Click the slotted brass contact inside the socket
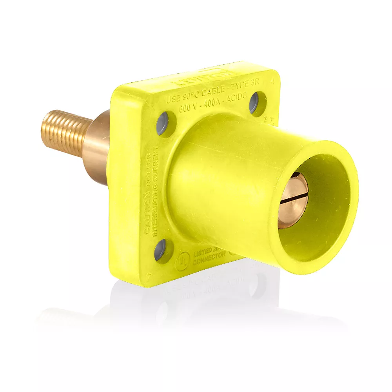(293, 200)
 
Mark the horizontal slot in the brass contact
(293, 201)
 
